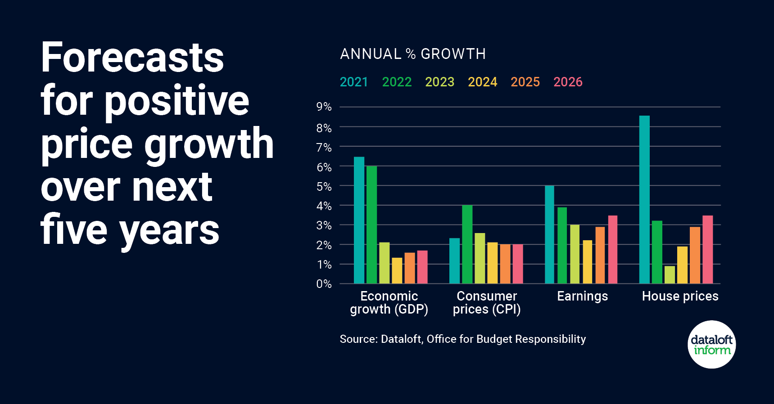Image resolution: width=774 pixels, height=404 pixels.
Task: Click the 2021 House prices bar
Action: (x=644, y=200)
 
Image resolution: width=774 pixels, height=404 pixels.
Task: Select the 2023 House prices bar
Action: (x=670, y=275)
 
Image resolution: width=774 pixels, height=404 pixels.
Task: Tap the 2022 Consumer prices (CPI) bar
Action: (x=467, y=244)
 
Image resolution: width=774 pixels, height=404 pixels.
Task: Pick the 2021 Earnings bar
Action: (x=549, y=234)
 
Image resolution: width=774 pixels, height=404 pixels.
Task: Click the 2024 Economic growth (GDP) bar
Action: (x=397, y=270)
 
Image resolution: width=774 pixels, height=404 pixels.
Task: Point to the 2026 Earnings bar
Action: (x=612, y=250)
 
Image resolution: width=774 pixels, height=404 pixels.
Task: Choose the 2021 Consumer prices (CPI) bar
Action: (x=454, y=261)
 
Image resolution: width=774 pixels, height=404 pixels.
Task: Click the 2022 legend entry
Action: (x=397, y=82)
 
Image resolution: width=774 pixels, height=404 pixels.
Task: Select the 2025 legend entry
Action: (x=525, y=82)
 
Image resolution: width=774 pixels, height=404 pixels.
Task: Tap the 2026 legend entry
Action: (x=568, y=82)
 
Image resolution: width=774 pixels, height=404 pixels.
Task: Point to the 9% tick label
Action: (x=324, y=107)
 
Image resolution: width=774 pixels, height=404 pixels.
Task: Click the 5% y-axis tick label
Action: (x=324, y=186)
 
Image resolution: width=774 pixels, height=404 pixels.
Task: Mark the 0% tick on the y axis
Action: (x=324, y=284)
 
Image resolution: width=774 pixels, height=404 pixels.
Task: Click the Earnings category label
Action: (x=582, y=296)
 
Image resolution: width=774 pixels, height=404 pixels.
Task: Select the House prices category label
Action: (x=680, y=296)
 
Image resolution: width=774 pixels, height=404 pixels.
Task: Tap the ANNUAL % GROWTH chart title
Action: (x=413, y=54)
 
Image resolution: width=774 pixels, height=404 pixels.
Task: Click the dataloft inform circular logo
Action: (x=711, y=345)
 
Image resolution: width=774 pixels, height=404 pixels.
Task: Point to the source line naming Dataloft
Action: (x=462, y=339)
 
